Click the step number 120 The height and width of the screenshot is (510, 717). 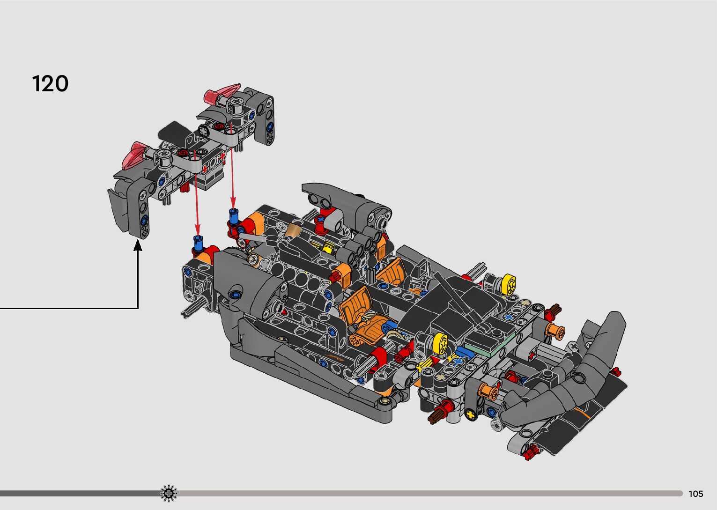pyautogui.click(x=50, y=83)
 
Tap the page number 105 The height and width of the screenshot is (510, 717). pyautogui.click(x=696, y=494)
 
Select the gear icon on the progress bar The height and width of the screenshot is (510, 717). pyautogui.click(x=169, y=493)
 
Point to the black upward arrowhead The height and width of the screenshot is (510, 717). pyautogui.click(x=138, y=245)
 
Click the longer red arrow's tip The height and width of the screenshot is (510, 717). pyautogui.click(x=198, y=235)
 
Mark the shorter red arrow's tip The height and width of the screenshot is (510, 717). pyautogui.click(x=233, y=208)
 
